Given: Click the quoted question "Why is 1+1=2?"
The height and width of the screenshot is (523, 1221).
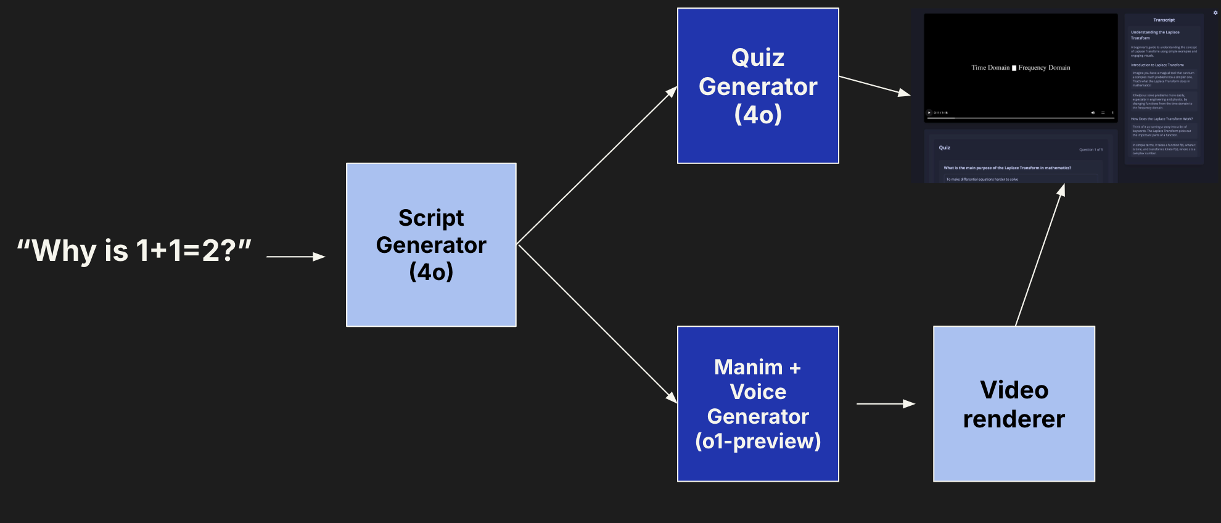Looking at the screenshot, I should pyautogui.click(x=134, y=251).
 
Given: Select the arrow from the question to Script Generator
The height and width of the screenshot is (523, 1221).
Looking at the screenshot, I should pyautogui.click(x=295, y=257).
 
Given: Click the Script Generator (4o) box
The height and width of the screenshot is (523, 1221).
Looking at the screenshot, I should pyautogui.click(x=431, y=245).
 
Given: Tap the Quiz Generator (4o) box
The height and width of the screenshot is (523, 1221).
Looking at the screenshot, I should pyautogui.click(x=758, y=86).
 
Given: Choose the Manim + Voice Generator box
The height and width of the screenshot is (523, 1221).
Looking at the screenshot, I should pyautogui.click(x=758, y=404).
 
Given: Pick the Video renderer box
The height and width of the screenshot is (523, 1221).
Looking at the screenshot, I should pyautogui.click(x=1014, y=404).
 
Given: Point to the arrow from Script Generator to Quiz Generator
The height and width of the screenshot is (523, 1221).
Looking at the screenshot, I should pyautogui.click(x=597, y=165).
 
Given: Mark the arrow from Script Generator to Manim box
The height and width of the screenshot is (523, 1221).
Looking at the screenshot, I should pyautogui.click(x=597, y=324).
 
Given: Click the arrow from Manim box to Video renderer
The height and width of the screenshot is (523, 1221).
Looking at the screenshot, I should pyautogui.click(x=886, y=404).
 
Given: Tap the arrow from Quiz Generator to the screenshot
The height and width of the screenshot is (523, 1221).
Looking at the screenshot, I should pyautogui.click(x=874, y=86).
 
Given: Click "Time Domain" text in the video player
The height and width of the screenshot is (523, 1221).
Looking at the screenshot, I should pyautogui.click(x=990, y=68).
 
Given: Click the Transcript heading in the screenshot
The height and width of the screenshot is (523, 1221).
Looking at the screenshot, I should pyautogui.click(x=1164, y=20).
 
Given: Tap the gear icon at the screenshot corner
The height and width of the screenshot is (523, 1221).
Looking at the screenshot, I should pyautogui.click(x=1215, y=12).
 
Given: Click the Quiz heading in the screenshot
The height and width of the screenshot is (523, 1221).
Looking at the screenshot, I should pyautogui.click(x=944, y=147).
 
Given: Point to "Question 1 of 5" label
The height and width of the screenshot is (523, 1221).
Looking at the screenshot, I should pyautogui.click(x=1090, y=149).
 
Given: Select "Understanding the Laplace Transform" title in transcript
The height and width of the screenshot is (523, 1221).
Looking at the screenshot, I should pyautogui.click(x=1154, y=35).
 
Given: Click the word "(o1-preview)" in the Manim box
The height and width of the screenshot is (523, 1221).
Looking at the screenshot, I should pyautogui.click(x=758, y=441).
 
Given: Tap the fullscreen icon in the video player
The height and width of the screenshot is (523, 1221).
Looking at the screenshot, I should pyautogui.click(x=1103, y=113).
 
